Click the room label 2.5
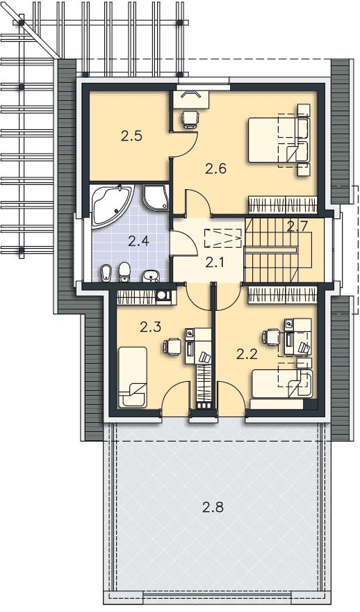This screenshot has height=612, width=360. point(131,136)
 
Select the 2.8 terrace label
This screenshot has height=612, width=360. point(213,508)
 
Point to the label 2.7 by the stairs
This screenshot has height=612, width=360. point(297,226)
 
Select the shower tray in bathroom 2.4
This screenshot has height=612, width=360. point(156,198)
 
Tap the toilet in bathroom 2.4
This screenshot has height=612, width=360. point(124,272)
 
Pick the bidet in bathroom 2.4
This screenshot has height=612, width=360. point(106,273)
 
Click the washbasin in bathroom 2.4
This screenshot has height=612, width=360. point(151,275)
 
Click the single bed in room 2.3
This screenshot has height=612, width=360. point(133,378)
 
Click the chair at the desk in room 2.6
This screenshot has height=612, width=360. point(190,119)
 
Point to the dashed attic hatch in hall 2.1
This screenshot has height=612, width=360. point(222,238)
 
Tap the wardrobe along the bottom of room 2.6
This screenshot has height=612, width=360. point(281,205)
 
